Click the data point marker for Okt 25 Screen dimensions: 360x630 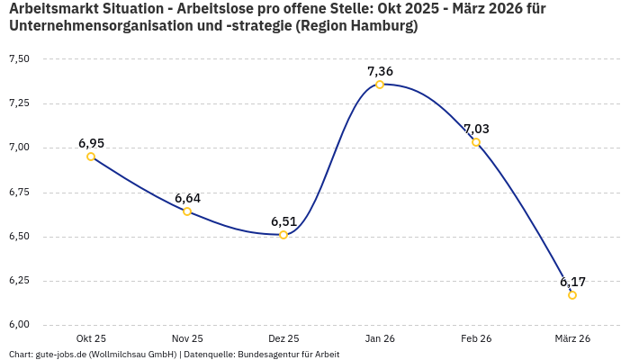coord(91,157)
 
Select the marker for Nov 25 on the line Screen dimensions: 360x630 coord(187,211)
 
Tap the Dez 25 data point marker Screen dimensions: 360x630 coord(283,235)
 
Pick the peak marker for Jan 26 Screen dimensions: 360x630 coord(380,85)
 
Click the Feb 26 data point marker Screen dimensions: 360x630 coord(476,142)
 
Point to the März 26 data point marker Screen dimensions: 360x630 coord(572,295)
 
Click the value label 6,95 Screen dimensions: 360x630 coord(91,142)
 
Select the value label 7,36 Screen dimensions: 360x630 coord(380,71)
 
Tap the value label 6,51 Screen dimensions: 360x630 coord(283,221)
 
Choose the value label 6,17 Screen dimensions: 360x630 coord(572,282)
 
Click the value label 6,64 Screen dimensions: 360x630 coord(187,198)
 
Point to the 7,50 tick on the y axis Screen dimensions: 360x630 coord(19,59)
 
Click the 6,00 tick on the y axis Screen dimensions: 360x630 coord(19,325)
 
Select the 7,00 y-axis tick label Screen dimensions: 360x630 coord(19,148)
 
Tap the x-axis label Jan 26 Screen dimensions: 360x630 coord(380,338)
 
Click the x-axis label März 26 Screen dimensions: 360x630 coord(572,338)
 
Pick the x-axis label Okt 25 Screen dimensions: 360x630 coord(91,338)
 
